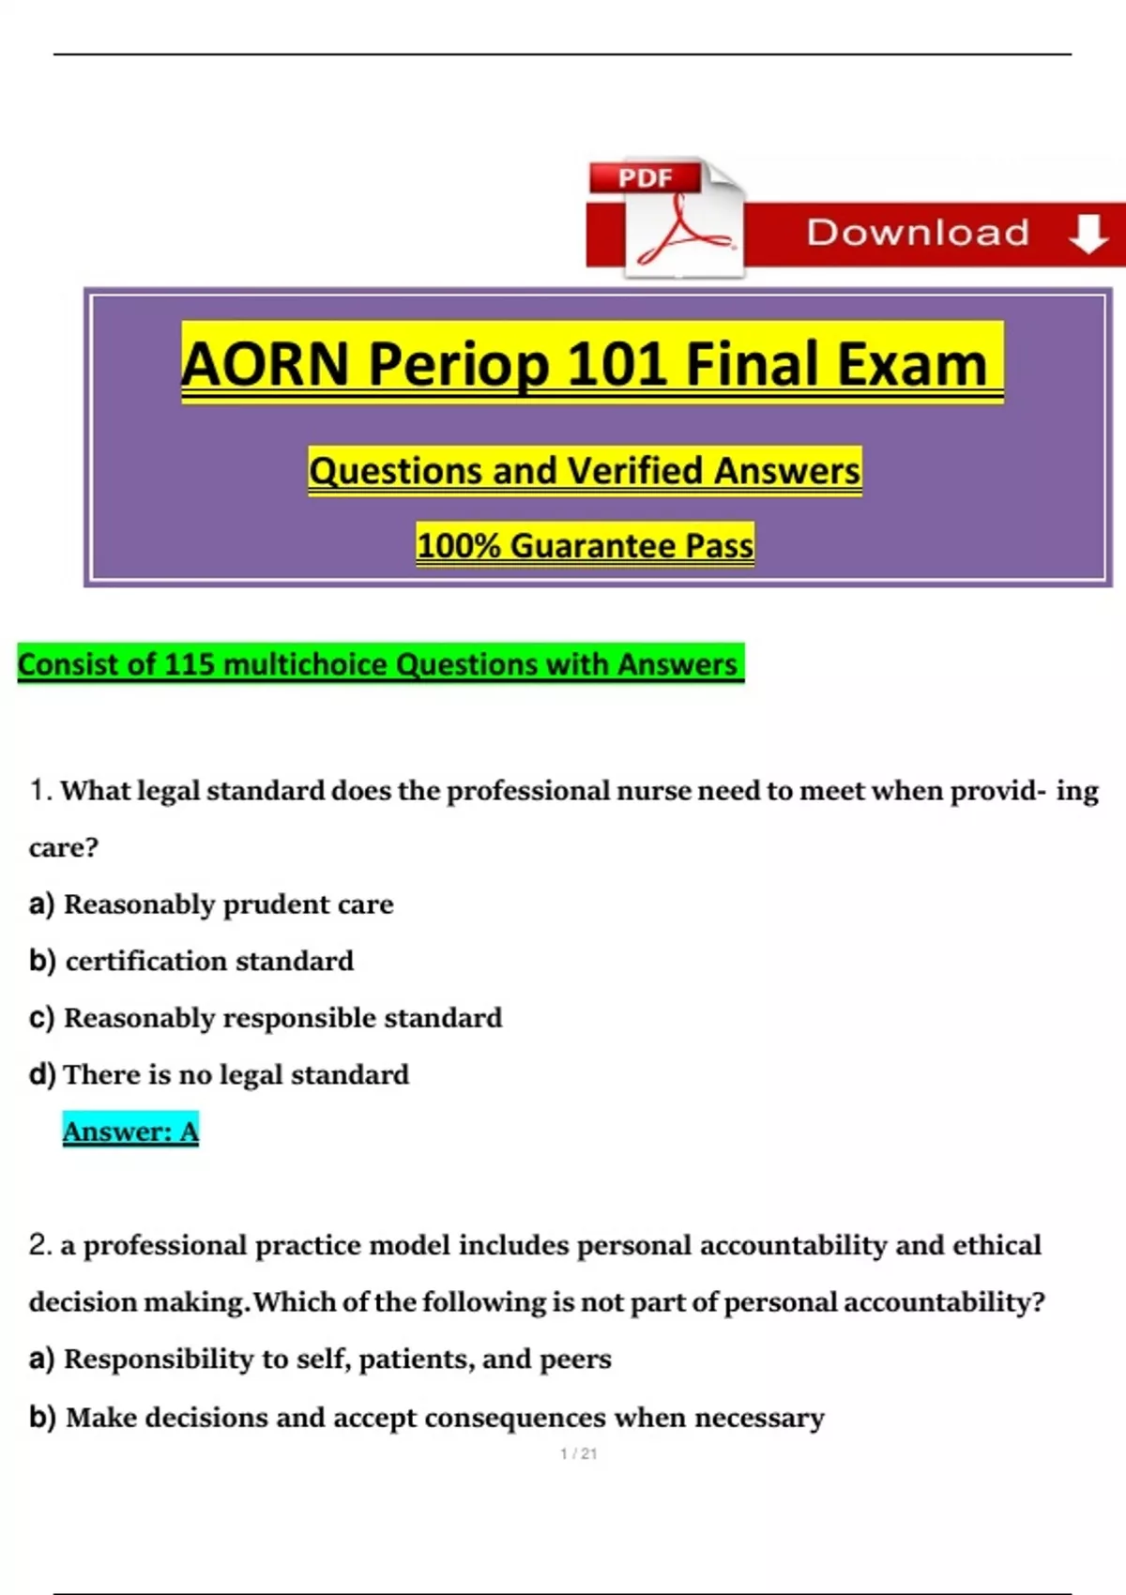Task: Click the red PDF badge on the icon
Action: tap(645, 177)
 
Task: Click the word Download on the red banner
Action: tap(918, 233)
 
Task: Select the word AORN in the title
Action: tap(265, 364)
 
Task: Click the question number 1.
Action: tap(40, 790)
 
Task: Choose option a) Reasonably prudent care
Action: tap(211, 905)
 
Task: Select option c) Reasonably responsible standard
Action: tap(266, 1018)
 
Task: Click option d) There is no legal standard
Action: tap(220, 1075)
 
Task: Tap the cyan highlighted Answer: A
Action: tap(130, 1132)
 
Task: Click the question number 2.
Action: tap(40, 1245)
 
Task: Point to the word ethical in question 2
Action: tap(997, 1245)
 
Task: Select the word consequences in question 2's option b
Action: tap(515, 1418)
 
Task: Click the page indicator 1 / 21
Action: tap(578, 1454)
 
